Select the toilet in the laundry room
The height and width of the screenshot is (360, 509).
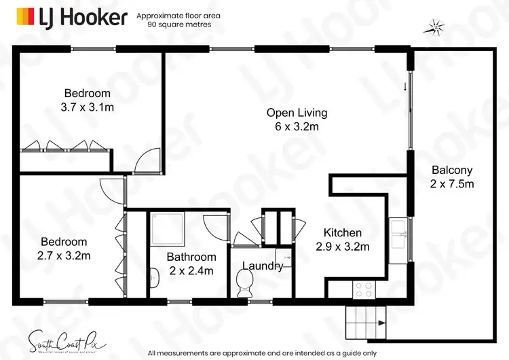click(x=243, y=279)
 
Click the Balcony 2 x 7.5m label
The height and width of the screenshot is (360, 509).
click(x=451, y=177)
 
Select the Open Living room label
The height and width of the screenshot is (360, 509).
click(x=297, y=120)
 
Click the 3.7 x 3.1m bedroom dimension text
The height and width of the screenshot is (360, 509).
click(x=87, y=106)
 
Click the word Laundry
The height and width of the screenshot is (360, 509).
click(x=263, y=266)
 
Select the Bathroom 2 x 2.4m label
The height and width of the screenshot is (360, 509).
click(x=192, y=264)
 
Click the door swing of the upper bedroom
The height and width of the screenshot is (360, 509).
click(x=146, y=161)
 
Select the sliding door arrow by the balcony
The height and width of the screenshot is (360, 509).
click(x=405, y=86)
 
